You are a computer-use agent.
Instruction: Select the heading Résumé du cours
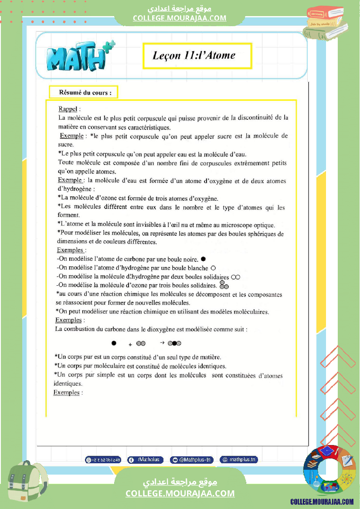tap(82, 93)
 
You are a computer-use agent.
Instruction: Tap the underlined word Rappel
tap(67, 109)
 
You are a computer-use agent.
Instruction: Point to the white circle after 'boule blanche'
tap(213, 268)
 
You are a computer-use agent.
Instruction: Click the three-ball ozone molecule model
tap(224, 285)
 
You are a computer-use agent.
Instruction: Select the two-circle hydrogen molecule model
tap(236, 277)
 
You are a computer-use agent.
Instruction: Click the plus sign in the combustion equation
tap(130, 344)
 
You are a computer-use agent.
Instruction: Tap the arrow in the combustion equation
tap(162, 343)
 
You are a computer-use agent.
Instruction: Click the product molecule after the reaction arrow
tap(174, 344)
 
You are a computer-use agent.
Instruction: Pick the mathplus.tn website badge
tap(239, 460)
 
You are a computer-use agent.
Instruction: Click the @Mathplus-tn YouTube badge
tap(192, 460)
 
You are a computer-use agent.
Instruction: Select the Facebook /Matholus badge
tap(146, 460)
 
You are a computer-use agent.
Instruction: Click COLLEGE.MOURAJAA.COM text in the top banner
tap(180, 18)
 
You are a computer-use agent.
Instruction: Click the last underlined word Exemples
tap(66, 393)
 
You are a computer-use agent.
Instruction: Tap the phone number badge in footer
tap(103, 460)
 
